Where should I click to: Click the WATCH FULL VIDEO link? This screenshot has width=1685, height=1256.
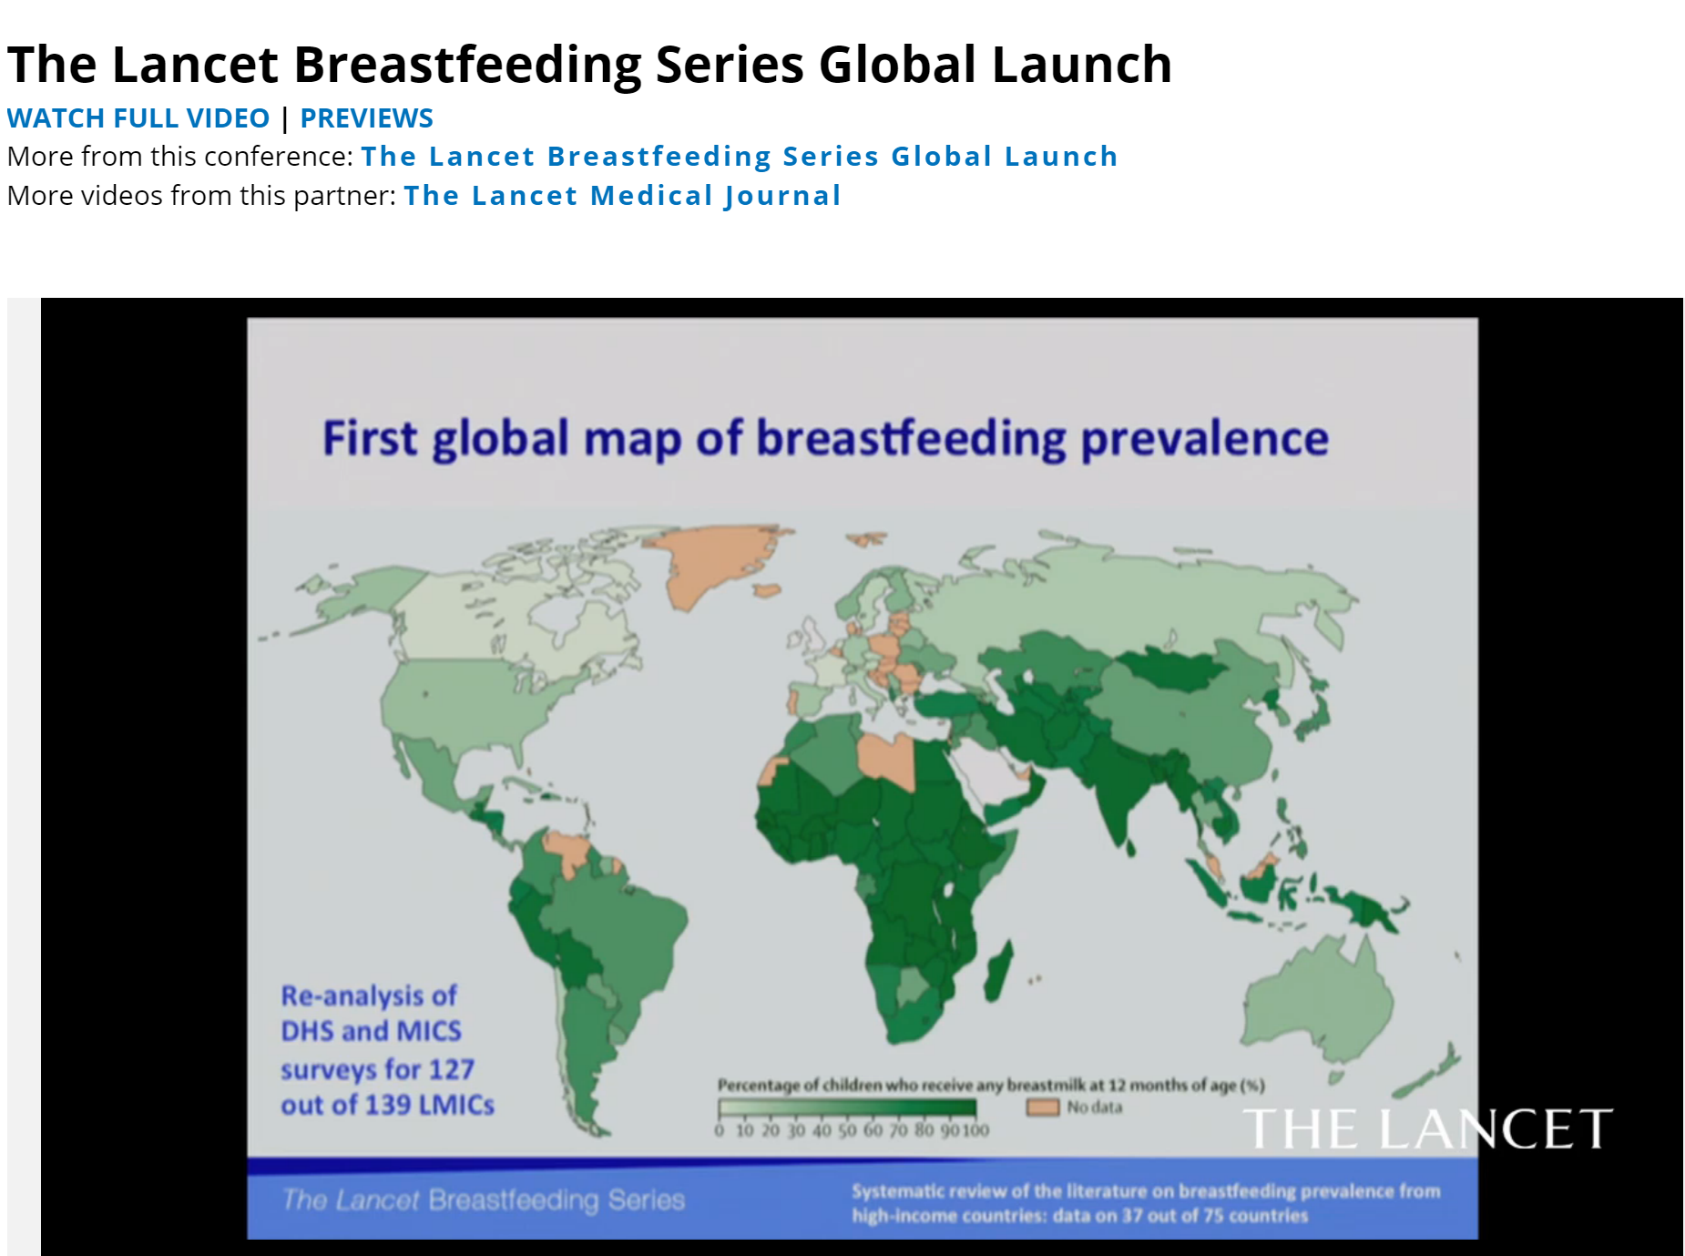coord(138,118)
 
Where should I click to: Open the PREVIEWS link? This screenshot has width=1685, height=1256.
coord(367,118)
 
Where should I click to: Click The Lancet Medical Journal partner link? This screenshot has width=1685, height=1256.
coord(622,196)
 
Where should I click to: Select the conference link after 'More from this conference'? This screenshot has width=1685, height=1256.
coord(740,157)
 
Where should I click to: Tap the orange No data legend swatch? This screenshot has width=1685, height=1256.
coord(1043,1108)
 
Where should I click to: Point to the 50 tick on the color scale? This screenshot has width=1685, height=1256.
coord(847,1130)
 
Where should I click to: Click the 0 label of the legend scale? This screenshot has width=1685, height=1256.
coord(720,1130)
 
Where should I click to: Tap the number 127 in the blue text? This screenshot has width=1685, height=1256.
coord(451,1068)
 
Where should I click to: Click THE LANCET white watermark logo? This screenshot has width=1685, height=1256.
coord(1427,1129)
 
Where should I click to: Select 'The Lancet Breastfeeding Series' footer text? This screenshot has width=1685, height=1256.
coord(483,1200)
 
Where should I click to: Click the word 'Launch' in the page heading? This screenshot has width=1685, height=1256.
coord(1081,65)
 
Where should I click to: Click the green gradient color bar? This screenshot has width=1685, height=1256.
coord(847,1108)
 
